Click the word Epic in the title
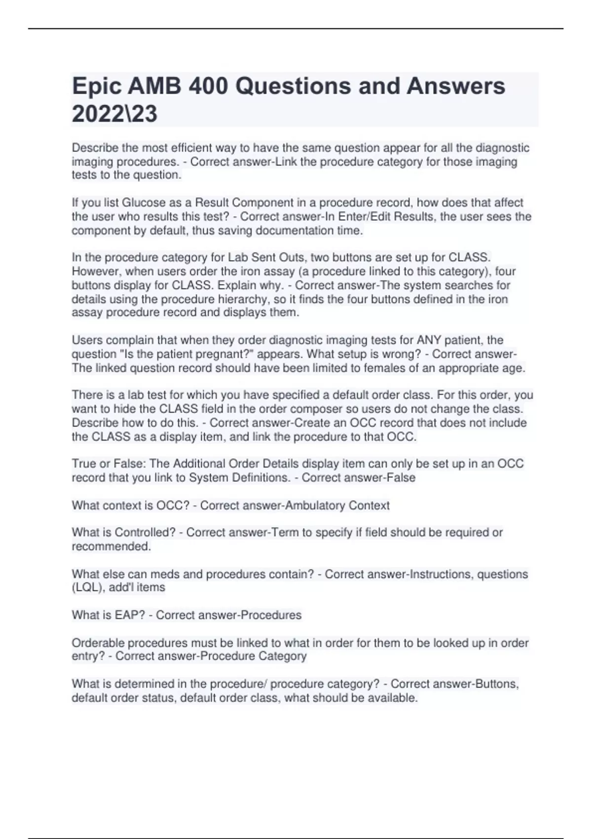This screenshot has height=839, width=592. coord(96,87)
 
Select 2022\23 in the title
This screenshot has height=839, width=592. coord(114,114)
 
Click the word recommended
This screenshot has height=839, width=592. coord(111,546)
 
